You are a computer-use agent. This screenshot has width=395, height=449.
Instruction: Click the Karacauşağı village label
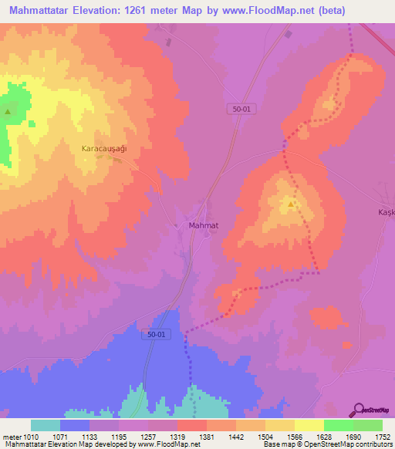[x=104, y=147]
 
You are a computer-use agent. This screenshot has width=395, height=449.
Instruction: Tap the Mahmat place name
[x=204, y=225]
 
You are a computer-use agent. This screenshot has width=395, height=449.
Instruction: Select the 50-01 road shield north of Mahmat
[x=243, y=110]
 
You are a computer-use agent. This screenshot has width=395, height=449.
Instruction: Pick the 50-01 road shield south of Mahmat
[x=155, y=334]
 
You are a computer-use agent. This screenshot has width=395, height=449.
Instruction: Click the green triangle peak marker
[x=8, y=112]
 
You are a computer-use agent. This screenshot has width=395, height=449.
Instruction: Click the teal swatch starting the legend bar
[x=46, y=425]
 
